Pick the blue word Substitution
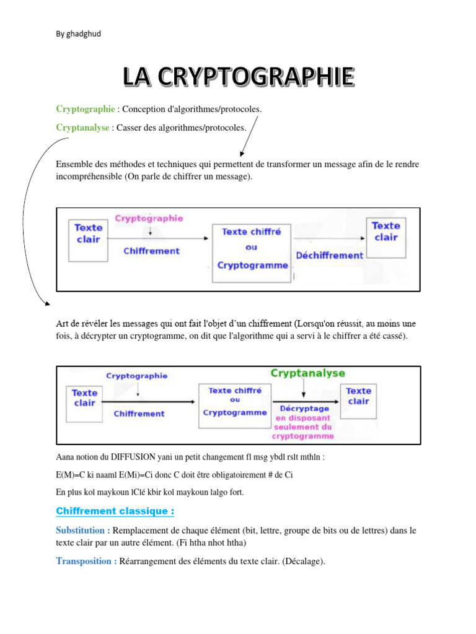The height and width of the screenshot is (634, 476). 83,531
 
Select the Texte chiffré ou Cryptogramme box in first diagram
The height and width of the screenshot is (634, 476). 251,248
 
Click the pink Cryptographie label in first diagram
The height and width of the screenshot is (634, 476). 149,218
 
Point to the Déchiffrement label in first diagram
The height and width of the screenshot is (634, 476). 329,255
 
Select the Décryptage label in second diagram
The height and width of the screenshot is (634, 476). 300,409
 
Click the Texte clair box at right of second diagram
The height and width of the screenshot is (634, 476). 358,396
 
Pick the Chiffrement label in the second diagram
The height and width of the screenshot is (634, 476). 139,414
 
